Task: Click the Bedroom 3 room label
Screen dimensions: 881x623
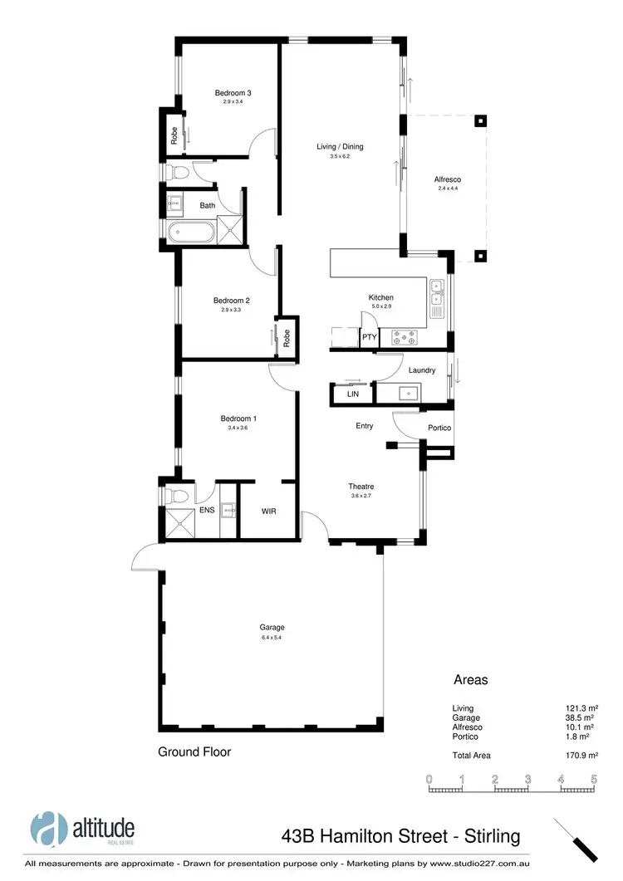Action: pos(233,92)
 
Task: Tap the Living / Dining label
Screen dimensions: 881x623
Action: pos(340,147)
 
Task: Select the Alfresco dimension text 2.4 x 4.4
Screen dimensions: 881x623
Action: pos(447,188)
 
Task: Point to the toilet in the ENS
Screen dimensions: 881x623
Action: pos(172,497)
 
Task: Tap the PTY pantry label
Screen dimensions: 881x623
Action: pos(370,337)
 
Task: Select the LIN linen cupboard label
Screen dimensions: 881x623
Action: pos(352,394)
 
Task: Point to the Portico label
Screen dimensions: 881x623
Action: pos(439,428)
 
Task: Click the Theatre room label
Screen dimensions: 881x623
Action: pos(361,487)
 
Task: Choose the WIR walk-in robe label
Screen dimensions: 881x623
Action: pos(268,511)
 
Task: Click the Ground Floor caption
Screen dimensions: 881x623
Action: pos(194,751)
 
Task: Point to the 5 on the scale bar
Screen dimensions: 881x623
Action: pos(594,779)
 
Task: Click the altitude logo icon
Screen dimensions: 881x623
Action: pos(48,829)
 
